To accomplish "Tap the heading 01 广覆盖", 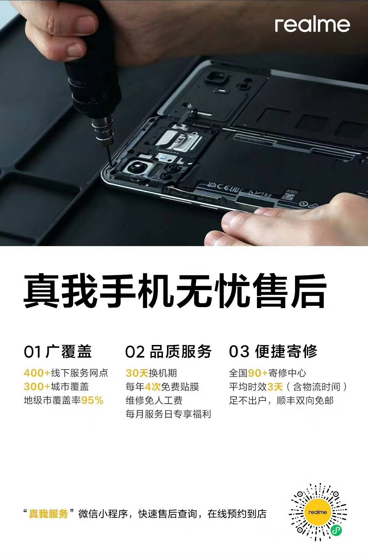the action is click(58, 351).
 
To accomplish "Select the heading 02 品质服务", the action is click(168, 351).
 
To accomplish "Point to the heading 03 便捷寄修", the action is click(273, 351).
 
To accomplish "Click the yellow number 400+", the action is click(37, 373).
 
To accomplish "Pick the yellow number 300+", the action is click(37, 387).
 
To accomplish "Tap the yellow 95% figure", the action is click(92, 400).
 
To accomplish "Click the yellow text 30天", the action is click(137, 373).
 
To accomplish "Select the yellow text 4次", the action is click(153, 387).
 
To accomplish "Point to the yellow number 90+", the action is click(258, 373).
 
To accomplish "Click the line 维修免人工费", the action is click(154, 400).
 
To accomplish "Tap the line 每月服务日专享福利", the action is click(168, 414).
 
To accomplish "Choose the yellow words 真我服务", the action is click(48, 514).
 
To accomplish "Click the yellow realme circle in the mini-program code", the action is click(318, 512).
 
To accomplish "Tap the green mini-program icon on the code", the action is click(336, 531).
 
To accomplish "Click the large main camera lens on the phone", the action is click(137, 166).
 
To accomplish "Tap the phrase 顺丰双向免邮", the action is click(305, 400).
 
